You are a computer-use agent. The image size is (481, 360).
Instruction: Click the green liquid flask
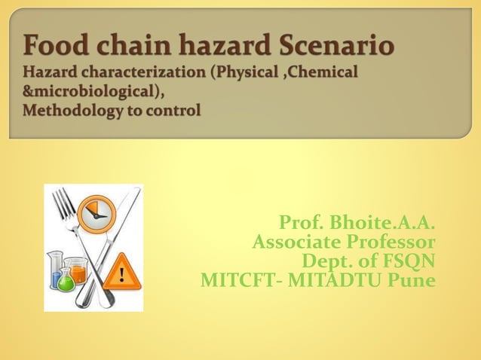66,281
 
